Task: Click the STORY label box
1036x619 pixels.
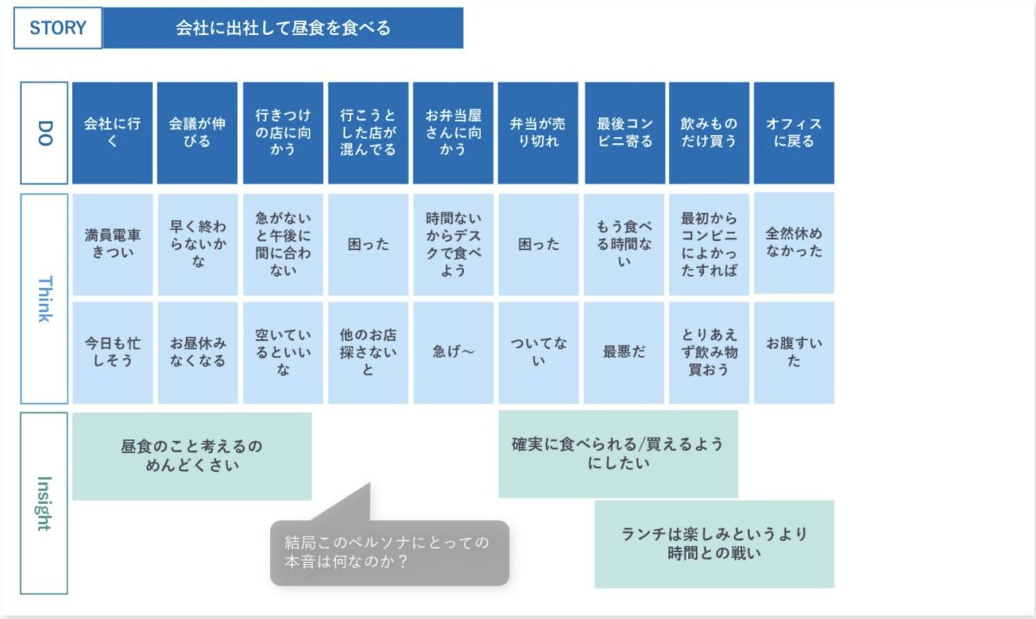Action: (58, 28)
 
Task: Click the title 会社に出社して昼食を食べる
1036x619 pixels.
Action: (283, 28)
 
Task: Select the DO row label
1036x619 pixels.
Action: (45, 133)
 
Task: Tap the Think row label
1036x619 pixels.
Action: (45, 299)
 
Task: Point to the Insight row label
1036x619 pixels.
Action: (45, 503)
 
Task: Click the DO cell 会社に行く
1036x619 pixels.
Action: (113, 133)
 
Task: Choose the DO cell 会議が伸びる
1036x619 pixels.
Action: (197, 133)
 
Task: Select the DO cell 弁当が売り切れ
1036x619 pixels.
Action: (538, 133)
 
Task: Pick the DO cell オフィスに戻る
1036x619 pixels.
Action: (794, 133)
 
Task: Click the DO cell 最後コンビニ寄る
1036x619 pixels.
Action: (625, 133)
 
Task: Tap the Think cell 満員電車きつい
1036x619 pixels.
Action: (113, 244)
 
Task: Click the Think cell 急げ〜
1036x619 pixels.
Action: (453, 352)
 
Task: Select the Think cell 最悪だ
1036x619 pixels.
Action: (624, 352)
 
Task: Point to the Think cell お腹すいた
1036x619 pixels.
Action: (794, 352)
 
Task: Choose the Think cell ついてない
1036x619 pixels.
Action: (538, 352)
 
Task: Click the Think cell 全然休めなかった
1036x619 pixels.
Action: (794, 243)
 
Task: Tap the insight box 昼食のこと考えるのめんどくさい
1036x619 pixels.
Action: (192, 456)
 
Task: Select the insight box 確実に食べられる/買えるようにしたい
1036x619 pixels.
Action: (618, 454)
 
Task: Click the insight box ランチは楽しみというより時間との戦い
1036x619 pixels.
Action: (714, 543)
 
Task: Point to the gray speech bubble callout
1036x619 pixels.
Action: (389, 552)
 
